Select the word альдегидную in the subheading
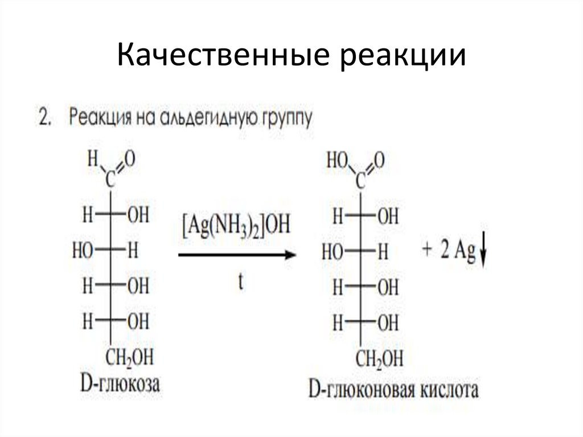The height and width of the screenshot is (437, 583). pyautogui.click(x=204, y=119)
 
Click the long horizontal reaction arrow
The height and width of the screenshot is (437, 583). pyautogui.click(x=237, y=255)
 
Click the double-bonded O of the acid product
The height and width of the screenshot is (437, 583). pyautogui.click(x=379, y=160)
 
